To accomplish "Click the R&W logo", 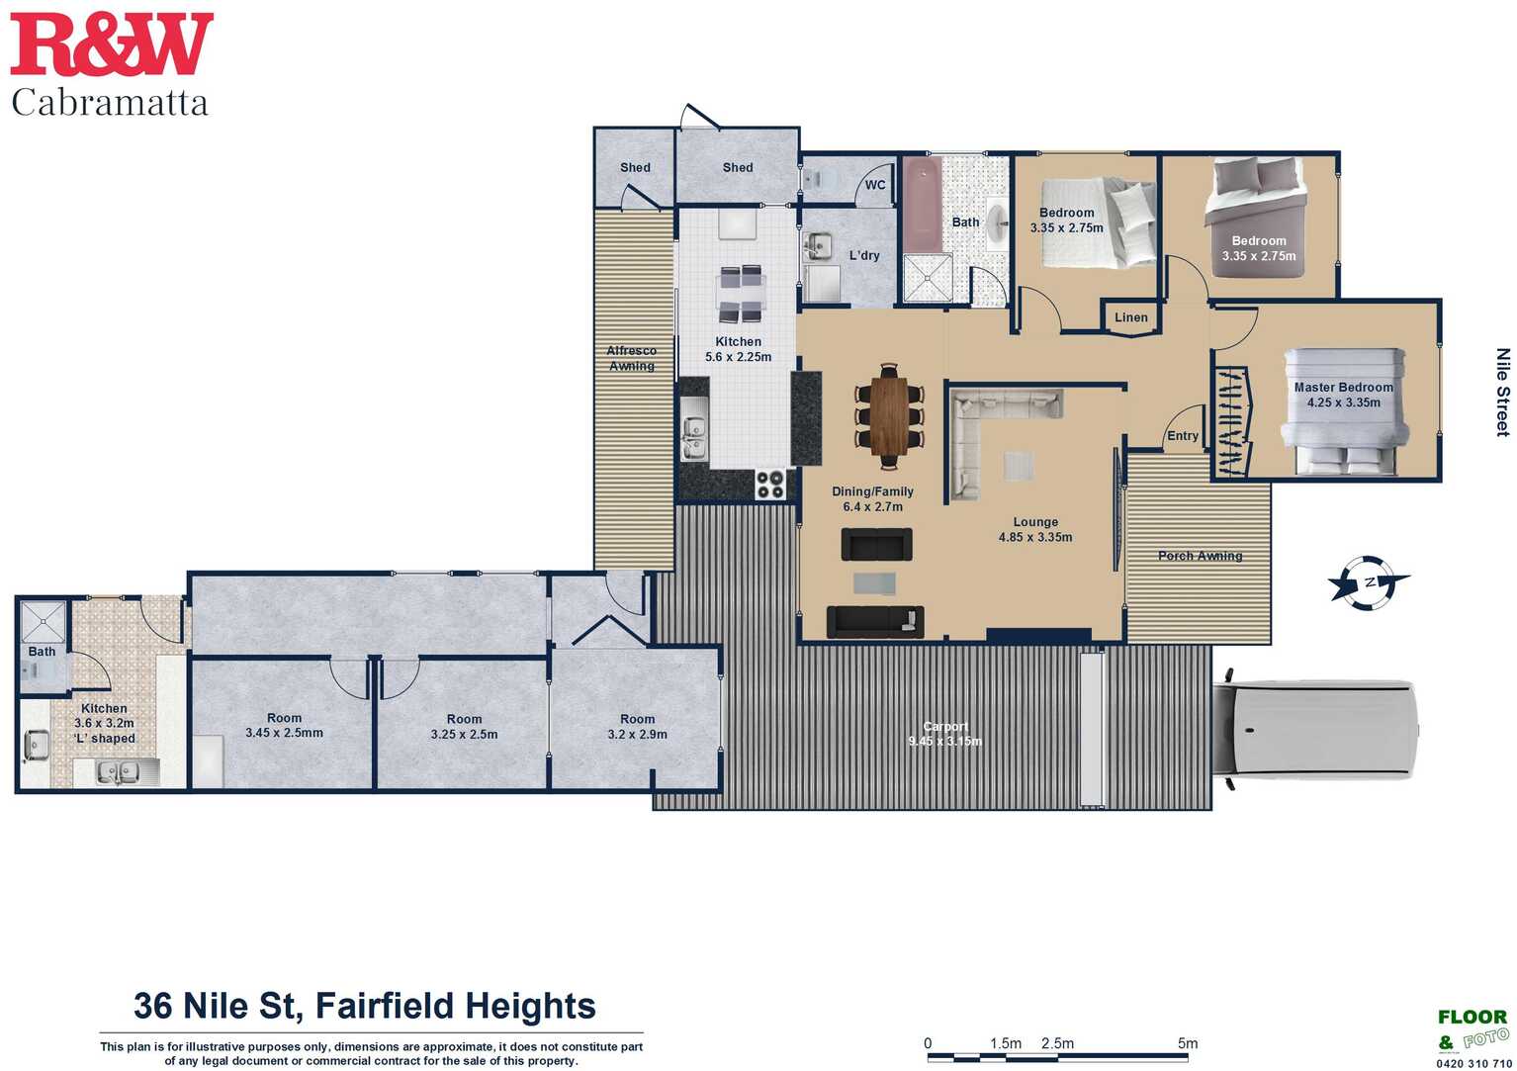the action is click(112, 45).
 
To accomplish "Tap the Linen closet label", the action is click(1131, 317).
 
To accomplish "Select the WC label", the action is click(875, 185).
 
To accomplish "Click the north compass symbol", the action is click(1369, 582).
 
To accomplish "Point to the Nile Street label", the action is click(1503, 393).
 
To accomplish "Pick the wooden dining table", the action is click(889, 416).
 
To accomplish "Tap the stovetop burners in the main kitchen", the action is click(770, 485).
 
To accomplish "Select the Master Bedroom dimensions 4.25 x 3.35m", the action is click(1343, 402).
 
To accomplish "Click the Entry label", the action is click(1183, 436).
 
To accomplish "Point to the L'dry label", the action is click(864, 255).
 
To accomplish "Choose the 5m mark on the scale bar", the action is click(1187, 1042).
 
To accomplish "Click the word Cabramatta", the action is click(110, 103).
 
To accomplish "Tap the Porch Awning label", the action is click(1200, 556).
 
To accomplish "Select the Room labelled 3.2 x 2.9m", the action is click(637, 726).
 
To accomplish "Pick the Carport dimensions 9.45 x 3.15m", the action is click(944, 741).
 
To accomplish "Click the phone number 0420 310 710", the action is click(1472, 1063).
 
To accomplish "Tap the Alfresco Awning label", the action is click(631, 358).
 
